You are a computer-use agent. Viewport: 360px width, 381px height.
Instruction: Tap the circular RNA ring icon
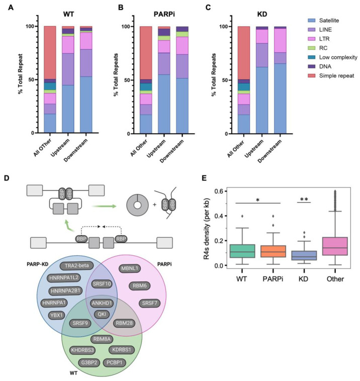click(136, 191)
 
